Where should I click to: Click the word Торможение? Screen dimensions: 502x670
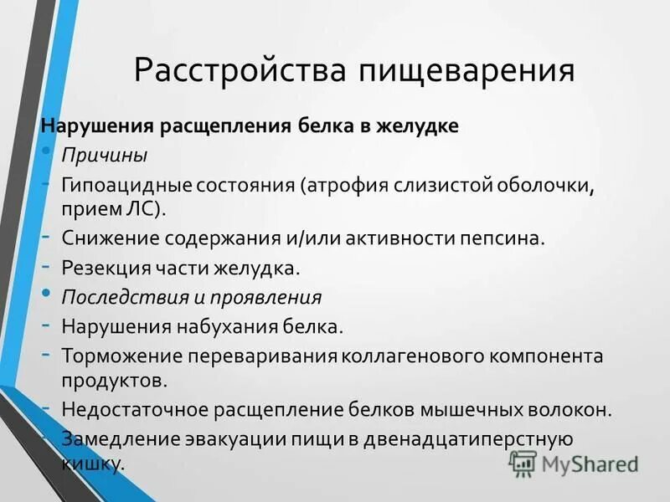point(116,356)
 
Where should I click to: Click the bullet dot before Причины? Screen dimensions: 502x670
point(45,150)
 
